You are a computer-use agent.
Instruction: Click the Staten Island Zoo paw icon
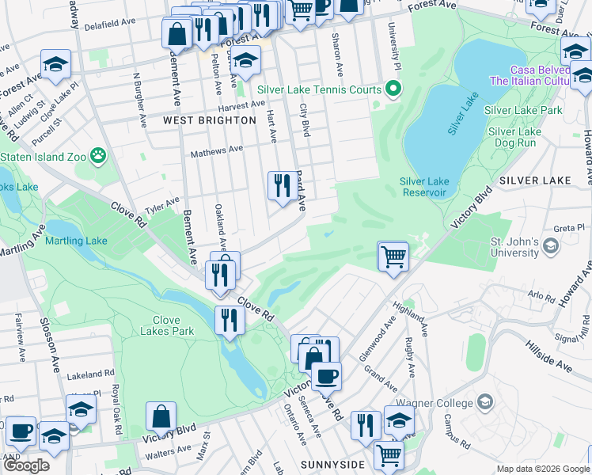tap(99, 155)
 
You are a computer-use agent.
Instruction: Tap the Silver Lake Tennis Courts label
tap(319, 89)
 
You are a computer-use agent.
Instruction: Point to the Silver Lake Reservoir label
tap(423, 187)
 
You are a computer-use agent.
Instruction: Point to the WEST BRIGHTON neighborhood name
tap(210, 120)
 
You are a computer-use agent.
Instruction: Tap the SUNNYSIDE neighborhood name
tap(332, 463)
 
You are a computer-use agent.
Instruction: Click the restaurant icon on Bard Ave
tap(283, 186)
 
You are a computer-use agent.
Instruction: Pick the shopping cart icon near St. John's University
tap(393, 256)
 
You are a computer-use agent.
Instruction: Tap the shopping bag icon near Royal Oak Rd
tap(161, 416)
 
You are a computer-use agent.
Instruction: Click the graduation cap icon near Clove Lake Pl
tap(56, 64)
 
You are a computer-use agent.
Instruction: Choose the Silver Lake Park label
tap(522, 110)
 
